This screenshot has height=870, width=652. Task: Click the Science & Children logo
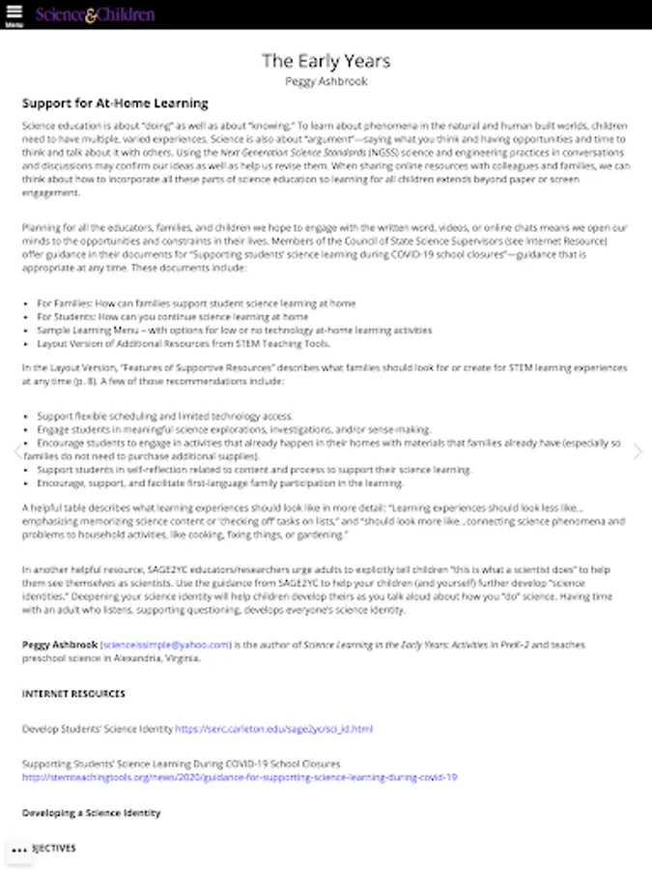95,14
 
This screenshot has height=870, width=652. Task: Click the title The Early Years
326,61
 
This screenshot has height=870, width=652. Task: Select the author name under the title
326,82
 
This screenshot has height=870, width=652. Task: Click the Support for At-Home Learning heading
115,103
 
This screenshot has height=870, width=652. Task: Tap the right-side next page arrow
638,451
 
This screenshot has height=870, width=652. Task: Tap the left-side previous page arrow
16,451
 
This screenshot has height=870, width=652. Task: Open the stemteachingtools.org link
240,777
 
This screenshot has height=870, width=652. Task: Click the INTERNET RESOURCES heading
73,694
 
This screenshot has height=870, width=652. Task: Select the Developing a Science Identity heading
91,813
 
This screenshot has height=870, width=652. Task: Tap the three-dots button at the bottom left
18,851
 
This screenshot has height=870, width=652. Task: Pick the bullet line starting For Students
173,316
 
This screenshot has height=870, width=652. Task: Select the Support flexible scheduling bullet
165,416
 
